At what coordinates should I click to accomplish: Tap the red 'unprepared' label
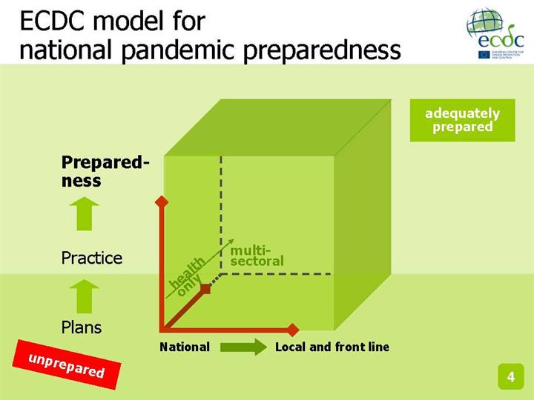tap(66, 365)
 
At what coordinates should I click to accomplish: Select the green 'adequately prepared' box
tap(462, 120)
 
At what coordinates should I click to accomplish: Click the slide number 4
tap(510, 377)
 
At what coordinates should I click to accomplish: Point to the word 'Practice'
tap(91, 258)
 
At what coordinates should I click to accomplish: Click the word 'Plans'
tap(81, 327)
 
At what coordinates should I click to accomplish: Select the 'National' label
tap(185, 347)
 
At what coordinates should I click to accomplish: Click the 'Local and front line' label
tap(332, 347)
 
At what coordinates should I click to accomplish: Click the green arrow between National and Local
tap(243, 347)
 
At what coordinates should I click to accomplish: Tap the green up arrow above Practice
tap(87, 213)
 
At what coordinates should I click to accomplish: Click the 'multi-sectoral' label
tap(257, 256)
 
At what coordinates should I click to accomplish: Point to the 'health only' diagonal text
tap(187, 274)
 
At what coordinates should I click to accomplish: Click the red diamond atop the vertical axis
tap(161, 201)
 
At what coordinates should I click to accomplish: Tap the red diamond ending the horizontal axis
tap(293, 329)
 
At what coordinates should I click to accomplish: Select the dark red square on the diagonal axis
tap(206, 289)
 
